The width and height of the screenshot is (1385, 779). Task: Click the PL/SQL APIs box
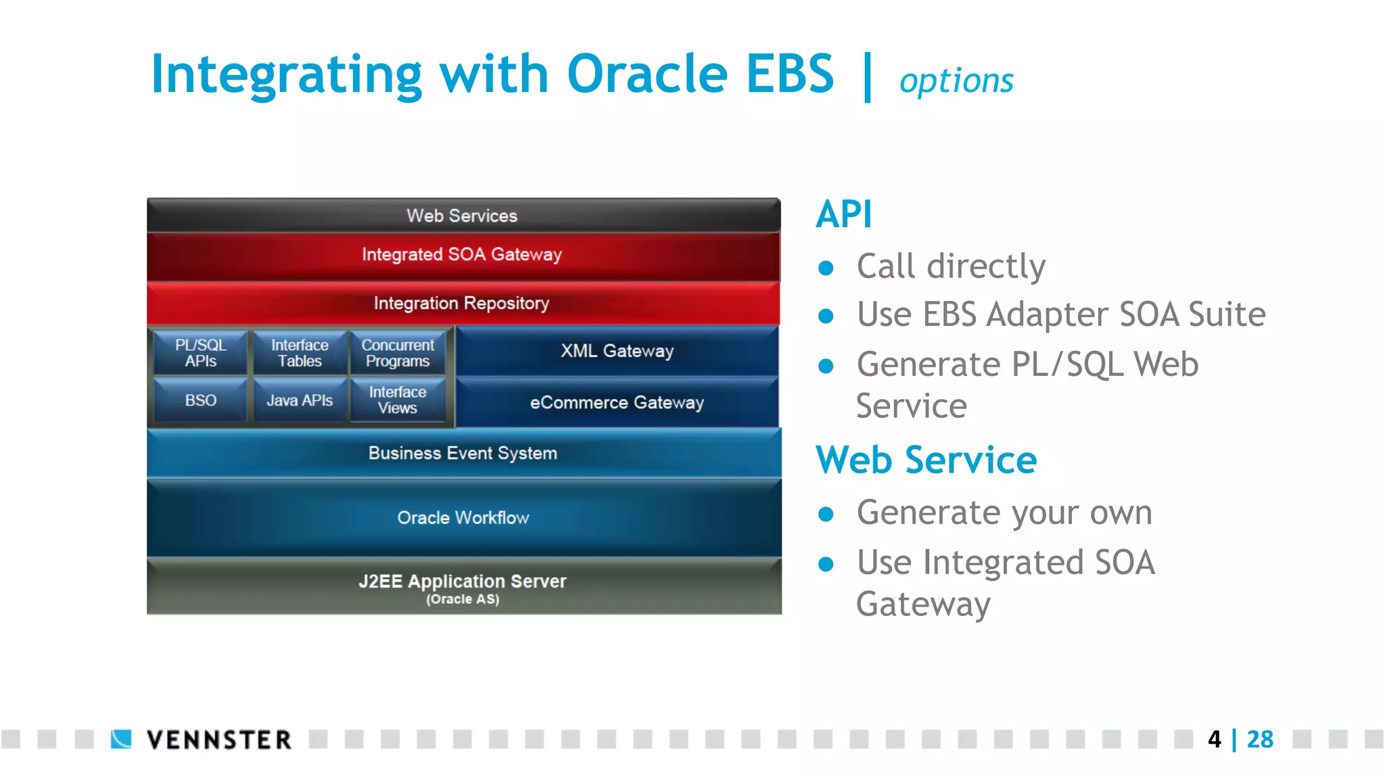[200, 352]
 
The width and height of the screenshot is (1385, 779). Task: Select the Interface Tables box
[300, 352]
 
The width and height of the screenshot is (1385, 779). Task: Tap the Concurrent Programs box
[398, 352]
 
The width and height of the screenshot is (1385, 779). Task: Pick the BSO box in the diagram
[200, 400]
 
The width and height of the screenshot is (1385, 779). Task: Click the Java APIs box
[300, 400]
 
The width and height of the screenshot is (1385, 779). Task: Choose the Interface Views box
[398, 400]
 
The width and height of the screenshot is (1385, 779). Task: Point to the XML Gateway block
[617, 351]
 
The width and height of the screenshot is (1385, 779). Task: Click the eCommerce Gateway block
[617, 402]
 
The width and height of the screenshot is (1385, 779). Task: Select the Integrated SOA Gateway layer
[463, 255]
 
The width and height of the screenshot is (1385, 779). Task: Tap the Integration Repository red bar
[463, 304]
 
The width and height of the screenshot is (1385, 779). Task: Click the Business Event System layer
[463, 453]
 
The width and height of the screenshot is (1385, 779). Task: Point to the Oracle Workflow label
[463, 518]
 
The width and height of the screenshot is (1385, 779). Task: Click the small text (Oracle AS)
[463, 600]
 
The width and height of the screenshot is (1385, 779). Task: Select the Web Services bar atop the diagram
[463, 216]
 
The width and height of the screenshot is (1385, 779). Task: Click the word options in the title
[956, 81]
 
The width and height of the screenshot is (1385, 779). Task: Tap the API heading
[844, 215]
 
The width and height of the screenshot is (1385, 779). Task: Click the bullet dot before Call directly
[826, 268]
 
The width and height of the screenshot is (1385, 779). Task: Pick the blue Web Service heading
[926, 461]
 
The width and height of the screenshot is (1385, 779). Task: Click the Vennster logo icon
[122, 739]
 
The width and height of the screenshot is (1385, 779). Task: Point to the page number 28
[1260, 739]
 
